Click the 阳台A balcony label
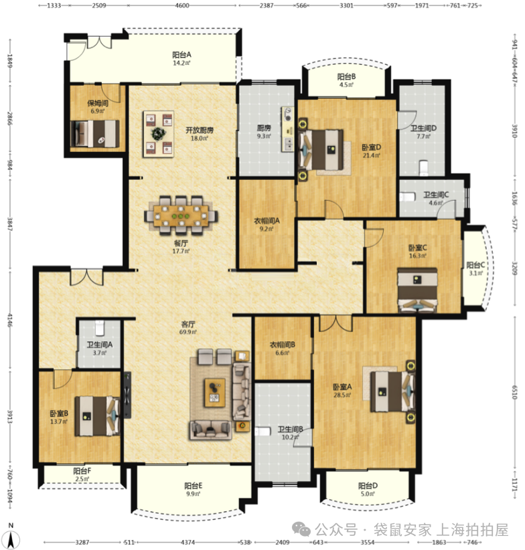pyautogui.click(x=181, y=55)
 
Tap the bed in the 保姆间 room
pyautogui.click(x=94, y=134)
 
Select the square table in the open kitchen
pyautogui.click(x=158, y=134)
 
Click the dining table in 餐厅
pyautogui.click(x=181, y=215)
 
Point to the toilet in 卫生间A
pyautogui.click(x=100, y=328)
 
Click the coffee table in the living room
pyautogui.click(x=215, y=393)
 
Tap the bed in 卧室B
pyautogui.click(x=97, y=416)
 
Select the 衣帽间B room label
pyautogui.click(x=282, y=345)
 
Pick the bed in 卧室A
pyautogui.click(x=392, y=391)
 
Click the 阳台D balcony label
pyautogui.click(x=368, y=486)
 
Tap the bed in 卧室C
pyautogui.click(x=417, y=290)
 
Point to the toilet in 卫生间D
pyautogui.click(x=424, y=167)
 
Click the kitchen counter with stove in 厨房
pyautogui.click(x=288, y=129)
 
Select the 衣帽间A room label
pyautogui.click(x=267, y=221)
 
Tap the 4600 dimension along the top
pyautogui.click(x=182, y=5)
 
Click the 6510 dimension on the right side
pyautogui.click(x=514, y=392)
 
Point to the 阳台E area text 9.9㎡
pyautogui.click(x=193, y=494)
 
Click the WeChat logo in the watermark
pyautogui.click(x=301, y=529)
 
